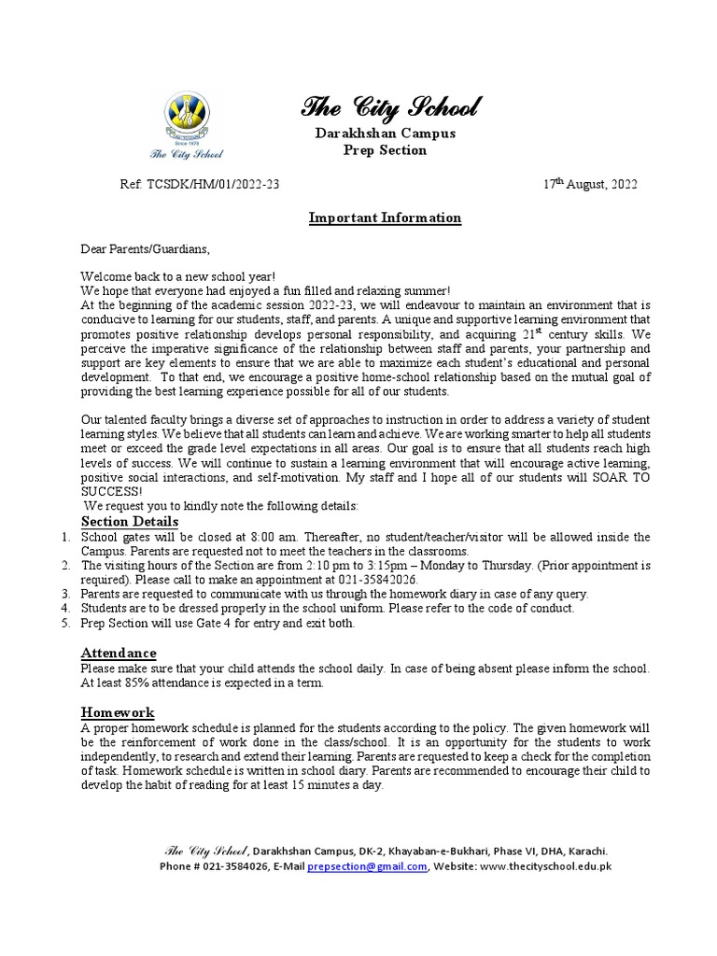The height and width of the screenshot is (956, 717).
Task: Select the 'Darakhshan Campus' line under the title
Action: pos(385,134)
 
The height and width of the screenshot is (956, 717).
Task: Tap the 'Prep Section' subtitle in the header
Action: pos(385,150)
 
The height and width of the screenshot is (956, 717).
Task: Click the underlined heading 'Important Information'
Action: pos(385,218)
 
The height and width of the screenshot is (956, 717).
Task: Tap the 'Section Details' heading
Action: pos(130,521)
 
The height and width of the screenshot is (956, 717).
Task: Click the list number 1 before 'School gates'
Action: pos(64,537)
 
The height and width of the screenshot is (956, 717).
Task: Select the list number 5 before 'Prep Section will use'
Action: pos(64,623)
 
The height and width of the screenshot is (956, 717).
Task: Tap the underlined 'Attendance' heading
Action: pos(119,653)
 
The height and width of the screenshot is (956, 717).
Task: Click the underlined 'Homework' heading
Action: pos(118,712)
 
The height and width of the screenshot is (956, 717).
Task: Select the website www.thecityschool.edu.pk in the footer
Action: pos(545,865)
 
